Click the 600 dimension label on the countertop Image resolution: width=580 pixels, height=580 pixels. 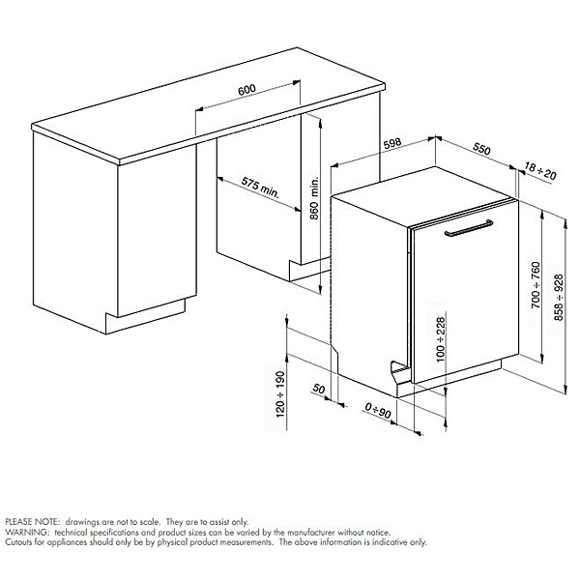246,90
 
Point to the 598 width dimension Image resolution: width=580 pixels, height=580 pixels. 391,144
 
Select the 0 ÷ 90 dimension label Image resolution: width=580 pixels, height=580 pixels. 378,412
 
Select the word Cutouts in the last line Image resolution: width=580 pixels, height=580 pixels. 19,542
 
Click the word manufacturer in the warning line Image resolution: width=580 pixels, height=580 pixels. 290,532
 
